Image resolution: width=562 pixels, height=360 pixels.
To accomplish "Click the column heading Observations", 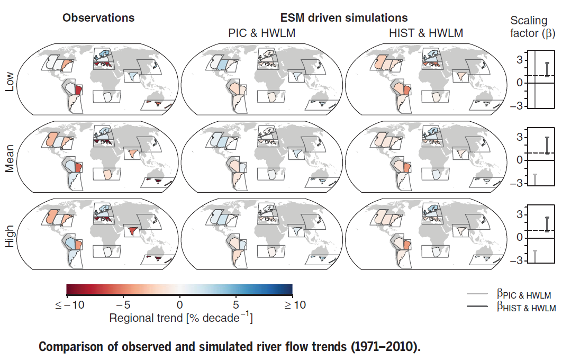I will [98, 17].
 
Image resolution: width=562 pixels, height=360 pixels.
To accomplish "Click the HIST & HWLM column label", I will [425, 33].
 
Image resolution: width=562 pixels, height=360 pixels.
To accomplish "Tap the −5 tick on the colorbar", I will [123, 305].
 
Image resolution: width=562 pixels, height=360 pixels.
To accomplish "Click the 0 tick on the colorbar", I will [179, 305].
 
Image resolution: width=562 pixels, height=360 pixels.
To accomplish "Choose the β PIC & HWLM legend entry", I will [524, 295].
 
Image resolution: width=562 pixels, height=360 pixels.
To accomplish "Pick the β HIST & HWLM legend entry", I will [526, 308].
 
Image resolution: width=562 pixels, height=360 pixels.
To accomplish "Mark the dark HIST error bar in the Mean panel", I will [547, 145].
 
